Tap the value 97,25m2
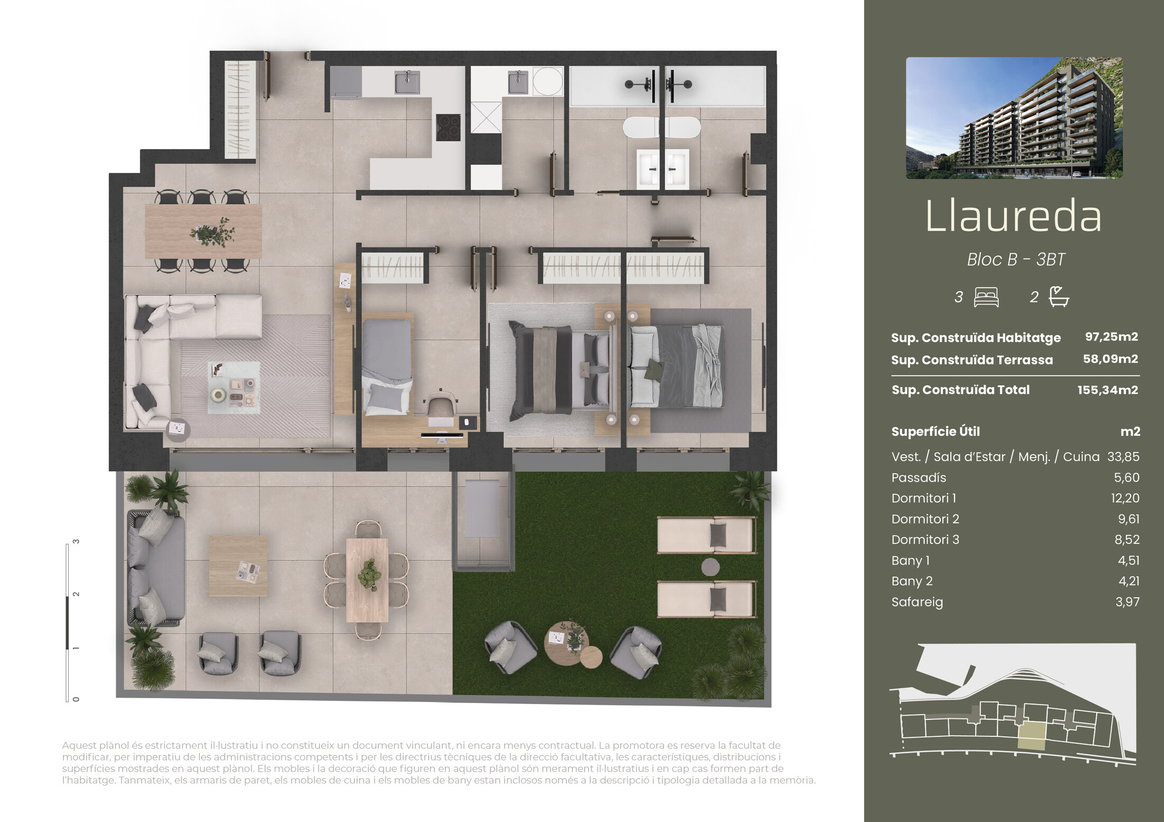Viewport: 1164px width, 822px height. click(x=1111, y=337)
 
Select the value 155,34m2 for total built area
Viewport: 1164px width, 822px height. click(x=1107, y=390)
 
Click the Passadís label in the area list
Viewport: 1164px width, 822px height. click(x=919, y=477)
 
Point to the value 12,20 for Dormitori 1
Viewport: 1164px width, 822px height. click(x=1125, y=498)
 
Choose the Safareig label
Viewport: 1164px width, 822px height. click(x=917, y=602)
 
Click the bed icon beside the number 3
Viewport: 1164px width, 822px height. click(x=986, y=297)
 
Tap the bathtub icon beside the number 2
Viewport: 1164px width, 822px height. click(x=1059, y=297)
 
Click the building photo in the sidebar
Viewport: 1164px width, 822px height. click(x=1014, y=118)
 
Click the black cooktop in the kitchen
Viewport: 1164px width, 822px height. click(x=448, y=127)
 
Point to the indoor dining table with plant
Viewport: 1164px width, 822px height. click(x=203, y=232)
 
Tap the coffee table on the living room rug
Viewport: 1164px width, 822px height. click(x=233, y=387)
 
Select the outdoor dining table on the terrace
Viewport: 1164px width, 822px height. click(x=367, y=580)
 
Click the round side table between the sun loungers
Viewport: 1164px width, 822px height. click(x=711, y=567)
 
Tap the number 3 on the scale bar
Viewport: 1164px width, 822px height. click(x=76, y=542)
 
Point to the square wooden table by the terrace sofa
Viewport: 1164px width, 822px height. click(x=238, y=566)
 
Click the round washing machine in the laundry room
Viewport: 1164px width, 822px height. click(x=548, y=81)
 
